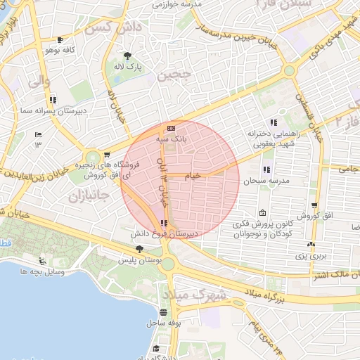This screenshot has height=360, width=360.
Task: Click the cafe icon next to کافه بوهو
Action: [x=60, y=39]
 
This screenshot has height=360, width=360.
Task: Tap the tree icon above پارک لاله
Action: [x=127, y=56]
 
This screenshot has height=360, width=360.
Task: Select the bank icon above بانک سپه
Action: [x=172, y=128]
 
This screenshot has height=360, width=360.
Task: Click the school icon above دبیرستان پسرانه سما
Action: [x=53, y=100]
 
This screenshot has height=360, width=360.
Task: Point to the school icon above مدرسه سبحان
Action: [x=266, y=169]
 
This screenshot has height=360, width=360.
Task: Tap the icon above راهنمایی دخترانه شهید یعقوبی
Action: [x=274, y=123]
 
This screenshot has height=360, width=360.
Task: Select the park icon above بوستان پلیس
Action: [x=139, y=249]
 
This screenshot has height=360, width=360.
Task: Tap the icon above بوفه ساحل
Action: [x=164, y=313]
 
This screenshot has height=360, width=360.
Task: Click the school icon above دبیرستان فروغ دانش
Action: [x=164, y=223]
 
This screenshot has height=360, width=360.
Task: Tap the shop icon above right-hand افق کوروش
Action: [x=314, y=205]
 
